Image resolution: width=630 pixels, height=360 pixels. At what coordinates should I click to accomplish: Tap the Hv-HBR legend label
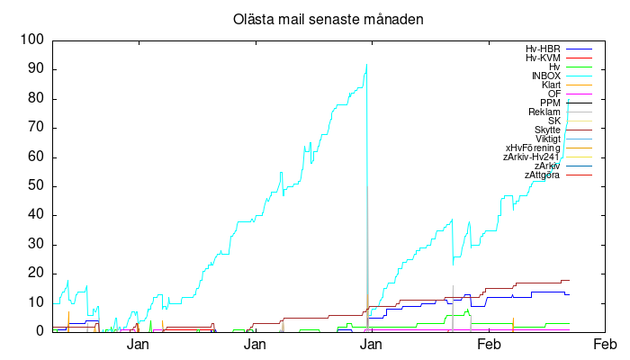coord(543,49)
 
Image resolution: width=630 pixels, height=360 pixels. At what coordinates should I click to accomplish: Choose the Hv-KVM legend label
coord(543,58)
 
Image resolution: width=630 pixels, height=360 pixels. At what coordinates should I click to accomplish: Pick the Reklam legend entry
coord(544,112)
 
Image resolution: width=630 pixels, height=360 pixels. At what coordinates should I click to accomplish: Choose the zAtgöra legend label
coord(543,175)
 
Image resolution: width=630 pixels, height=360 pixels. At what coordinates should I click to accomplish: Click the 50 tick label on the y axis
coord(37,186)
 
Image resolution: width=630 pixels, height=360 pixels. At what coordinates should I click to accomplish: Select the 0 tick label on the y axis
coord(40,332)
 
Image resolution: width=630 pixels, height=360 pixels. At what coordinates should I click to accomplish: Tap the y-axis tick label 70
coord(37,128)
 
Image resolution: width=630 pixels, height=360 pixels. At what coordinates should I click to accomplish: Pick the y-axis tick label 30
coord(37,245)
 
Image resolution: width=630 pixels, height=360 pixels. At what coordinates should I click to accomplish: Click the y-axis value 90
coord(37,69)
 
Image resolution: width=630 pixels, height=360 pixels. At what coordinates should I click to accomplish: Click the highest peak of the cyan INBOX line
coord(366,64)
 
